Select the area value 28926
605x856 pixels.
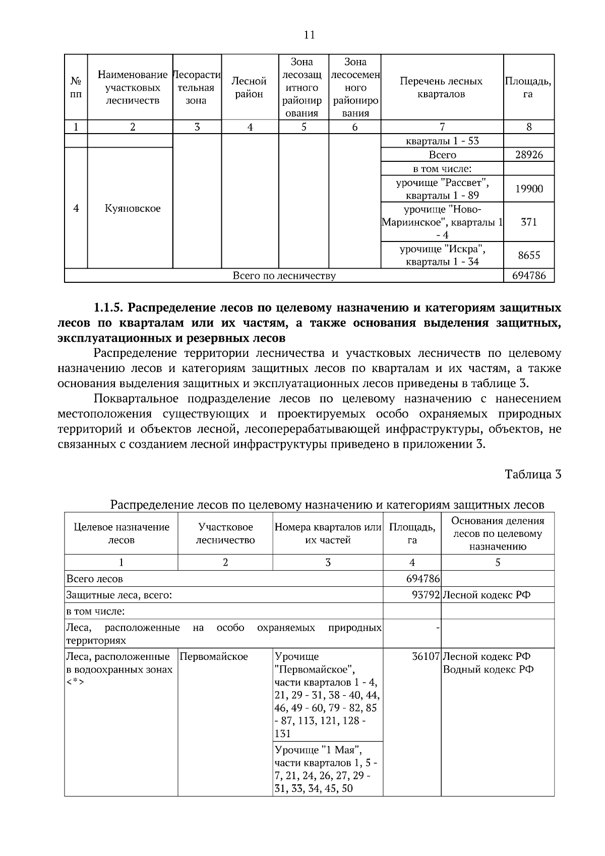528,155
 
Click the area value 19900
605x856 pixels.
528,189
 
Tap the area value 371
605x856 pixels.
528,222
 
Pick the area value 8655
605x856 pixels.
528,255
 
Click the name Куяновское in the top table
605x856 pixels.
132,208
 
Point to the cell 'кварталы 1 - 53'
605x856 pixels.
442,141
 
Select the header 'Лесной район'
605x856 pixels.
249,87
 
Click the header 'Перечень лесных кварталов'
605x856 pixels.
441,87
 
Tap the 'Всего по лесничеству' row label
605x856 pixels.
284,276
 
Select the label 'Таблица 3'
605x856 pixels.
533,474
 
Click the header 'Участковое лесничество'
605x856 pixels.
225,533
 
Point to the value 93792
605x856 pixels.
426,595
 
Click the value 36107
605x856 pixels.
426,657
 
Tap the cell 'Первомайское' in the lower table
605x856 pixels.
214,657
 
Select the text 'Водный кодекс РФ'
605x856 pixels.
488,669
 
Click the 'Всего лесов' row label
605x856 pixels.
94,579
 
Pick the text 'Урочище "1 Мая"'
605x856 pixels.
318,749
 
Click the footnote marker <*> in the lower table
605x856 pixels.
75,682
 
